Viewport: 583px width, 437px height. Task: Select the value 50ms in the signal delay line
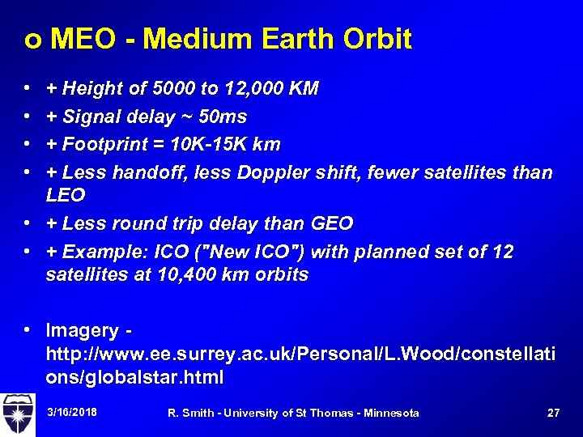(x=223, y=117)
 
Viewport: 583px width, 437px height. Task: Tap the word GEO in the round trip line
(x=333, y=223)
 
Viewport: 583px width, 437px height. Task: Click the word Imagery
(x=83, y=330)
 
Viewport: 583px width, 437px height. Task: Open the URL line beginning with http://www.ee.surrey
(x=300, y=354)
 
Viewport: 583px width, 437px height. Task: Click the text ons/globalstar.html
(x=134, y=377)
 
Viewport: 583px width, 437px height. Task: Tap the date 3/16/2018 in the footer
(x=72, y=413)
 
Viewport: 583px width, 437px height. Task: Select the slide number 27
(x=553, y=413)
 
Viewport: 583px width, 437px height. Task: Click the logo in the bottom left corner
(x=18, y=413)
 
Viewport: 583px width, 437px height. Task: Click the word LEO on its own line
(x=66, y=195)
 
